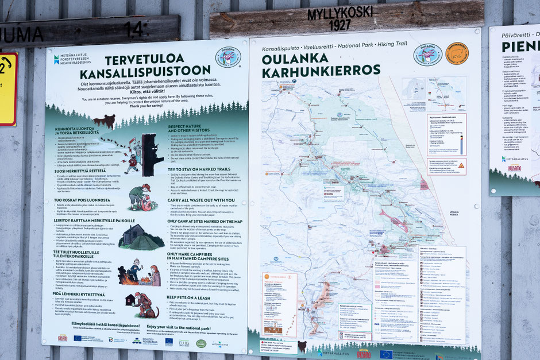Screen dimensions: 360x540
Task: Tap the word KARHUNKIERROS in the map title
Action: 321,69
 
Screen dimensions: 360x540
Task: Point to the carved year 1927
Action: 340,25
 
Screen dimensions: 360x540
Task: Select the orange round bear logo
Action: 457,53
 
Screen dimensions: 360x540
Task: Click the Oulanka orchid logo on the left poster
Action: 227,57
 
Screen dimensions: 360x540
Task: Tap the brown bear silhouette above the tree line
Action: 104,121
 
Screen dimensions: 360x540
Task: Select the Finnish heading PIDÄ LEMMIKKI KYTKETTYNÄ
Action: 79,295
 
